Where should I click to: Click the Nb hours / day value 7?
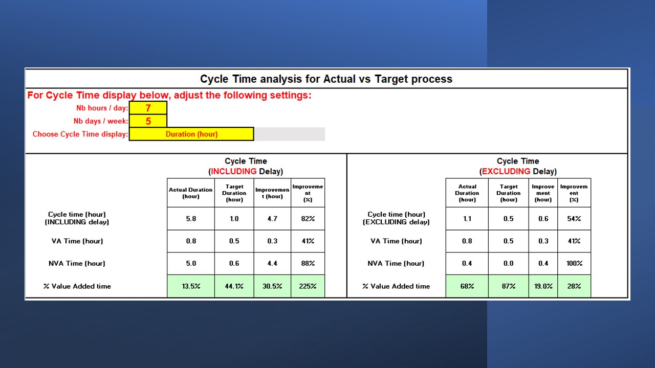pos(148,108)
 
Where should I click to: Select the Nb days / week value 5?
pos(148,121)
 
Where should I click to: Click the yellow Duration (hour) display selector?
pos(191,134)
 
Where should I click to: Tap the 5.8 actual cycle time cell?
pos(191,219)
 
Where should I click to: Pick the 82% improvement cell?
pos(308,219)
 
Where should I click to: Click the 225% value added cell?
pos(308,286)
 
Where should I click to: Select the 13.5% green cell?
pos(191,286)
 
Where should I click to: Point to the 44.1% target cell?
pos(234,286)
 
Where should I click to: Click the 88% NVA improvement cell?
pos(308,263)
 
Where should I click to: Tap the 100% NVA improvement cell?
pos(574,263)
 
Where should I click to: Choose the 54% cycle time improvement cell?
pos(574,219)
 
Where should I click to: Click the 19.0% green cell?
pos(543,286)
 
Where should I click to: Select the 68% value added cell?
pos(467,286)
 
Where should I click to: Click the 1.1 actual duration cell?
pos(467,219)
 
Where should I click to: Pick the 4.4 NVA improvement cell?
pos(272,263)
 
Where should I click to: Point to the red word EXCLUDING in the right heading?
pos(506,171)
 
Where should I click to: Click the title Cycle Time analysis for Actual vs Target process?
pos(326,79)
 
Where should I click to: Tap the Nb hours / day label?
pos(102,108)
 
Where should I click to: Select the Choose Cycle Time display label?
pos(80,134)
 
